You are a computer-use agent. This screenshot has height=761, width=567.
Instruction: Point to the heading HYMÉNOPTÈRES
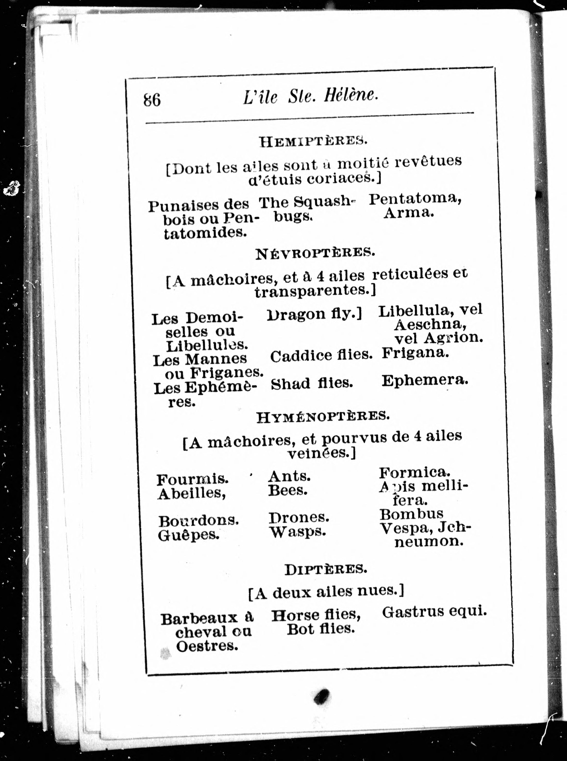[x=323, y=417]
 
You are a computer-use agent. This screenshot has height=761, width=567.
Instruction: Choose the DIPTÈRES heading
[x=326, y=570]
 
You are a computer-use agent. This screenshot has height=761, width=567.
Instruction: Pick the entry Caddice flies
[x=321, y=356]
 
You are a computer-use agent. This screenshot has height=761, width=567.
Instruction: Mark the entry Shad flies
[x=312, y=384]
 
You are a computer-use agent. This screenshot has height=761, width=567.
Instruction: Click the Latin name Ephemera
[x=425, y=380]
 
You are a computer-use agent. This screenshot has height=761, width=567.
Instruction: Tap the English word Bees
[x=288, y=491]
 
